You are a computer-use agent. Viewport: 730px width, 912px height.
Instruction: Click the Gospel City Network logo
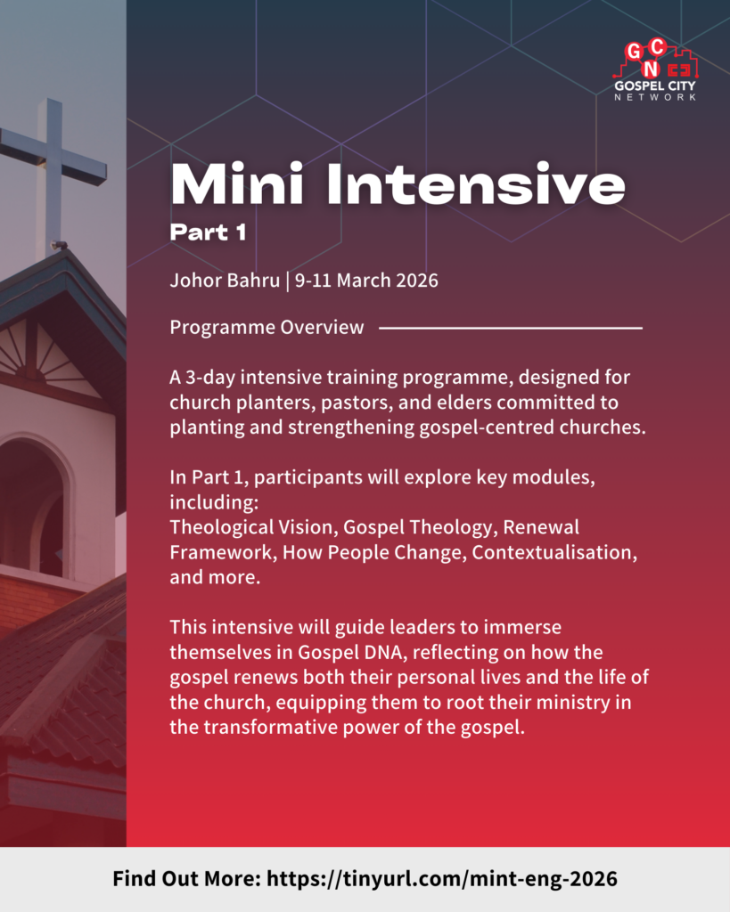(655, 70)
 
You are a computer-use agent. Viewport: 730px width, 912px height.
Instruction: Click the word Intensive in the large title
(476, 184)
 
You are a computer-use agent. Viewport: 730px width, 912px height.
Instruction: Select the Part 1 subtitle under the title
(208, 232)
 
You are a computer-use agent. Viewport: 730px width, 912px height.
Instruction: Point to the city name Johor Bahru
(225, 281)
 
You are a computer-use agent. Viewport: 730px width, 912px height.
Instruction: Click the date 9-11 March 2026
(366, 281)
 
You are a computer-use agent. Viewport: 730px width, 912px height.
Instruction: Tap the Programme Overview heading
(267, 327)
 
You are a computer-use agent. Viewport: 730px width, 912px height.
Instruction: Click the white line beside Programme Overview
(511, 328)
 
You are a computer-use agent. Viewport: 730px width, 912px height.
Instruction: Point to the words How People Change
(374, 552)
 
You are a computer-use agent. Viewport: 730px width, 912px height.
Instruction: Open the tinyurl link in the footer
(442, 879)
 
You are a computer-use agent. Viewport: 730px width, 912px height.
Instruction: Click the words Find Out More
(186, 879)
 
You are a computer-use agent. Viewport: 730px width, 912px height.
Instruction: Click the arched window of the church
(35, 506)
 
